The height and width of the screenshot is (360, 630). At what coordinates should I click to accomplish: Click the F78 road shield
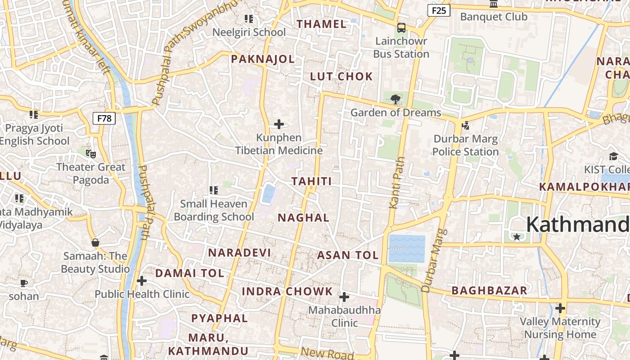(x=104, y=118)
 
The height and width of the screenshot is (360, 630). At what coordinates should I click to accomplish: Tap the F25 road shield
(x=438, y=10)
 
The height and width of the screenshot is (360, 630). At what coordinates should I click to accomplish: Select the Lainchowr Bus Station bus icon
(x=401, y=28)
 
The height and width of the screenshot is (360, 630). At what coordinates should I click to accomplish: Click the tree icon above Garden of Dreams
(x=396, y=99)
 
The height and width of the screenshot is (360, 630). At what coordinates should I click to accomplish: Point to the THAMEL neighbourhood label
(x=322, y=24)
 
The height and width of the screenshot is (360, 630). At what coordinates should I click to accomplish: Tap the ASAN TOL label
(x=348, y=256)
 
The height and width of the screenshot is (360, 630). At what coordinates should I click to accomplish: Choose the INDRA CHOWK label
(x=287, y=291)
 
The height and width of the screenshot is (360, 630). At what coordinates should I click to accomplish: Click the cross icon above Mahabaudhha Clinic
(x=344, y=297)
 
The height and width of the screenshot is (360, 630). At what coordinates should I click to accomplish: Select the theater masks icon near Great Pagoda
(x=91, y=154)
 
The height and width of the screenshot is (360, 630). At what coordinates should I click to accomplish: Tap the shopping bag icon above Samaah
(x=95, y=243)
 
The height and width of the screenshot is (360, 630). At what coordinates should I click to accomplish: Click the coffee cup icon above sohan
(x=24, y=283)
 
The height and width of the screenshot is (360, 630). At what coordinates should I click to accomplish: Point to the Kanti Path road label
(x=396, y=183)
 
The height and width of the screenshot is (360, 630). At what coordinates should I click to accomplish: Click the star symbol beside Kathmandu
(x=517, y=237)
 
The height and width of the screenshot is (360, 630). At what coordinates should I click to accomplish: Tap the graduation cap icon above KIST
(x=613, y=156)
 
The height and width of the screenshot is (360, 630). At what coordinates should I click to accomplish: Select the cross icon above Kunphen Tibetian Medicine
(x=279, y=124)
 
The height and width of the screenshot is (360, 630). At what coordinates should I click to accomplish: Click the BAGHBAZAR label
(x=489, y=291)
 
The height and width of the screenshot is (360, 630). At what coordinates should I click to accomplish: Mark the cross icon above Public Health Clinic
(x=142, y=281)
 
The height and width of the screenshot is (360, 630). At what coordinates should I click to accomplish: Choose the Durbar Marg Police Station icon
(x=465, y=125)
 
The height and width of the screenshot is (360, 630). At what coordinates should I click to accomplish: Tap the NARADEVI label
(x=239, y=253)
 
